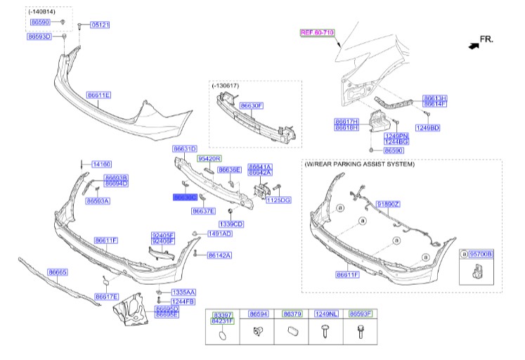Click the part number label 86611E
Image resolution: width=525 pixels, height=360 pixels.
(99, 94)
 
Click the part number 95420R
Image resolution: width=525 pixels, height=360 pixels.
(209, 159)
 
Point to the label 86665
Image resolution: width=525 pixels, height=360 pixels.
(58, 271)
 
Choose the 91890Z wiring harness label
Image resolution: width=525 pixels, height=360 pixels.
(387, 203)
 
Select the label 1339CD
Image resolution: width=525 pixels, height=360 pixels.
(230, 224)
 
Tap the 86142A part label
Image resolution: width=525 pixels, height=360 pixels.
(219, 255)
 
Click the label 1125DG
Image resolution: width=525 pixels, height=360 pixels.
(276, 200)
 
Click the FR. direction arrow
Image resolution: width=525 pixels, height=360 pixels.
(472, 43)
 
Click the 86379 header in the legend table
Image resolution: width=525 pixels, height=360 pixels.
(292, 314)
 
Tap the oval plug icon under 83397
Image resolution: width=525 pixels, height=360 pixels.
(222, 336)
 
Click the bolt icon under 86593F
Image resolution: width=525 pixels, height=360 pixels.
(360, 334)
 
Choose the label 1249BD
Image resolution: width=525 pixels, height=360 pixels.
(427, 127)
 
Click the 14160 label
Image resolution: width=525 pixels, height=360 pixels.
(101, 164)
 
